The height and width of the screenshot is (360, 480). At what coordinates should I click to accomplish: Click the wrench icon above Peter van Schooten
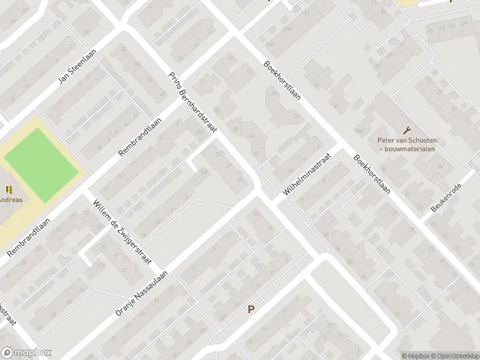[407, 130]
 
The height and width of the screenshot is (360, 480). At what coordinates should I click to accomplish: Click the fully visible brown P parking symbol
[251, 310]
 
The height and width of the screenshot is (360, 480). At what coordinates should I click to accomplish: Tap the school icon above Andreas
[8, 190]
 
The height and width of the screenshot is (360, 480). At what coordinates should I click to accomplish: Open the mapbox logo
[26, 353]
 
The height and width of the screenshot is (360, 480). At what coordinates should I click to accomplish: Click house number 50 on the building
[236, 129]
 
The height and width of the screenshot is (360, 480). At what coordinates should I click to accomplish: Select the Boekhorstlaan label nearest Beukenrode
[373, 175]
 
